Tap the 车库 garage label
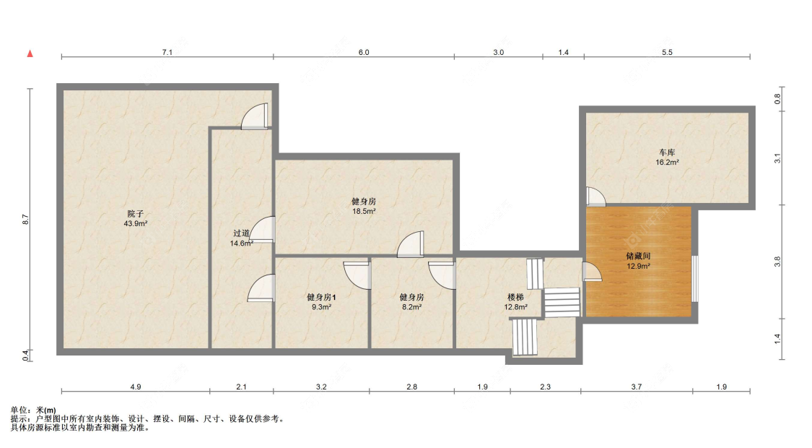pyautogui.click(x=666, y=153)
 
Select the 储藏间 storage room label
pyautogui.click(x=638, y=257)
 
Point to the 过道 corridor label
pyautogui.click(x=241, y=233)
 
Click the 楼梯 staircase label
pyautogui.click(x=515, y=297)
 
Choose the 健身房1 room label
pyautogui.click(x=321, y=297)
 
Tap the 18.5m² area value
pyautogui.click(x=363, y=211)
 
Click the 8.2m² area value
pyautogui.click(x=411, y=307)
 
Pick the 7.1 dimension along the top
pyautogui.click(x=167, y=52)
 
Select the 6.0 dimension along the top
pyautogui.click(x=363, y=52)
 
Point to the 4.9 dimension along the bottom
pyautogui.click(x=136, y=387)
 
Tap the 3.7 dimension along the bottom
pyautogui.click(x=636, y=387)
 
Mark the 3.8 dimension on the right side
pyautogui.click(x=777, y=262)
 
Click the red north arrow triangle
pyautogui.click(x=30, y=53)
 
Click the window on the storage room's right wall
pyautogui.click(x=695, y=278)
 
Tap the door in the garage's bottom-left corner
pyautogui.click(x=595, y=197)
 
